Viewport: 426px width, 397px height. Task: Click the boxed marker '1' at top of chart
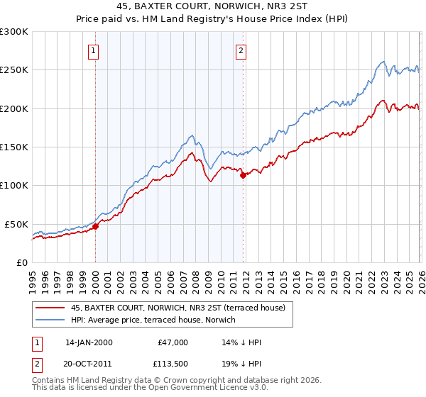pos(94,50)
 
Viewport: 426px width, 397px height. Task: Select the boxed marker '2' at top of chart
pos(242,50)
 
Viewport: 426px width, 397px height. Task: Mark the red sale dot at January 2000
pos(95,227)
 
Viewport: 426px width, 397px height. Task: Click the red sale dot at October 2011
pos(243,175)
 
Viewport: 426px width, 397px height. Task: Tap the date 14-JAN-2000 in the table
pos(89,342)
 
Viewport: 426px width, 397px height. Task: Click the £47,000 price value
pos(172,342)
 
